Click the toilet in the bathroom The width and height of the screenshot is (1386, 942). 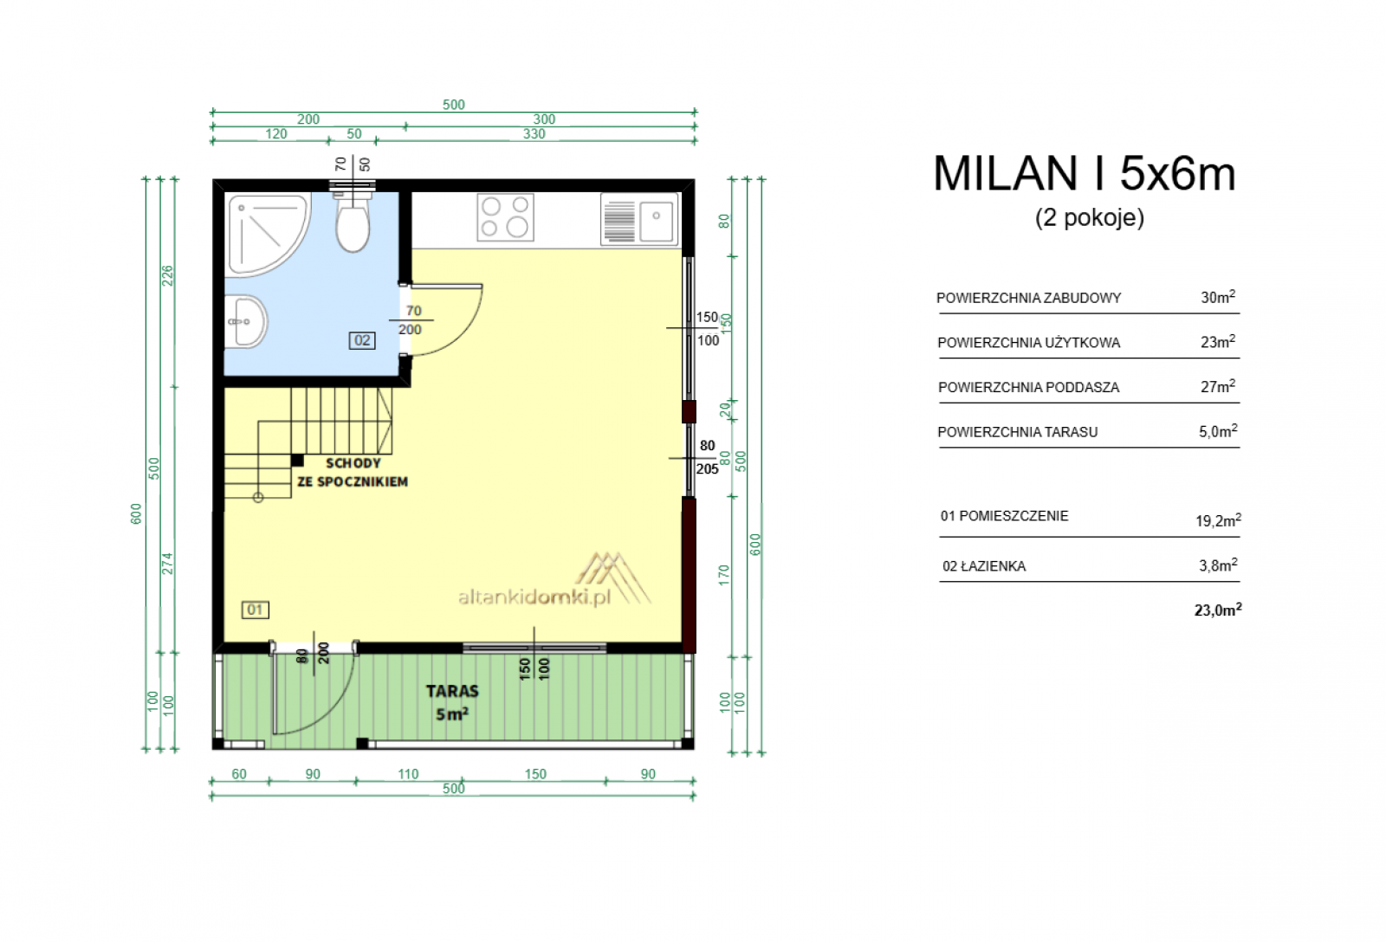[353, 222]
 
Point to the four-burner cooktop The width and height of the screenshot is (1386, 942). [505, 216]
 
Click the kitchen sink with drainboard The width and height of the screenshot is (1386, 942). [639, 217]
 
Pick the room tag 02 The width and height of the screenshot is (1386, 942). [362, 340]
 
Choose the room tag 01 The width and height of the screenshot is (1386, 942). [255, 610]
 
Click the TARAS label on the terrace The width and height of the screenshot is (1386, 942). [452, 691]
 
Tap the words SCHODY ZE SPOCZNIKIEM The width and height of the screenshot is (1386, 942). [353, 473]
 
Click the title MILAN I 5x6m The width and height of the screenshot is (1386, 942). [1084, 173]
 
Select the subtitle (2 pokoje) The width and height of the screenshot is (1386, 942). [1090, 217]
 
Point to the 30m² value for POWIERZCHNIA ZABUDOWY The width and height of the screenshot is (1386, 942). [1218, 296]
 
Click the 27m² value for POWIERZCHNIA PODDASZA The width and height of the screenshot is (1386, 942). [1218, 386]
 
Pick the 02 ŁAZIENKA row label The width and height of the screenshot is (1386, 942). [984, 566]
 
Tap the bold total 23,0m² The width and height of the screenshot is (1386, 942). [1218, 610]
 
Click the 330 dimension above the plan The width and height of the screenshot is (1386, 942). [534, 133]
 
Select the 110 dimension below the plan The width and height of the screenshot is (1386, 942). [408, 774]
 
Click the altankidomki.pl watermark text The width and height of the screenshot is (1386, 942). [534, 597]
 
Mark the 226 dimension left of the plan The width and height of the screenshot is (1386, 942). [168, 275]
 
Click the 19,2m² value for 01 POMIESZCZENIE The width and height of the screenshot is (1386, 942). [1218, 520]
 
